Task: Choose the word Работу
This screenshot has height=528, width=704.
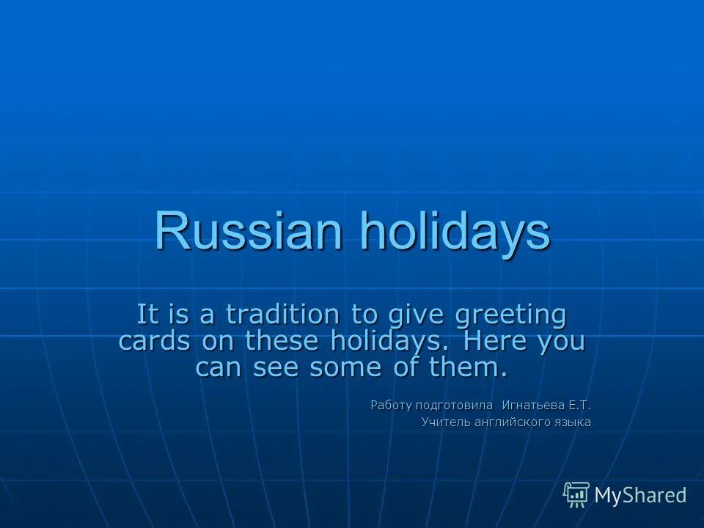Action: (392, 405)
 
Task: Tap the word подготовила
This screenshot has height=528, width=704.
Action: (454, 405)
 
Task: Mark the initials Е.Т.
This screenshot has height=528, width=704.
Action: (579, 404)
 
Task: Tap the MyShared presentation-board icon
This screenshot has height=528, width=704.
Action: (576, 495)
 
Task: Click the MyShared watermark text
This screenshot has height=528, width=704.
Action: (639, 496)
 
